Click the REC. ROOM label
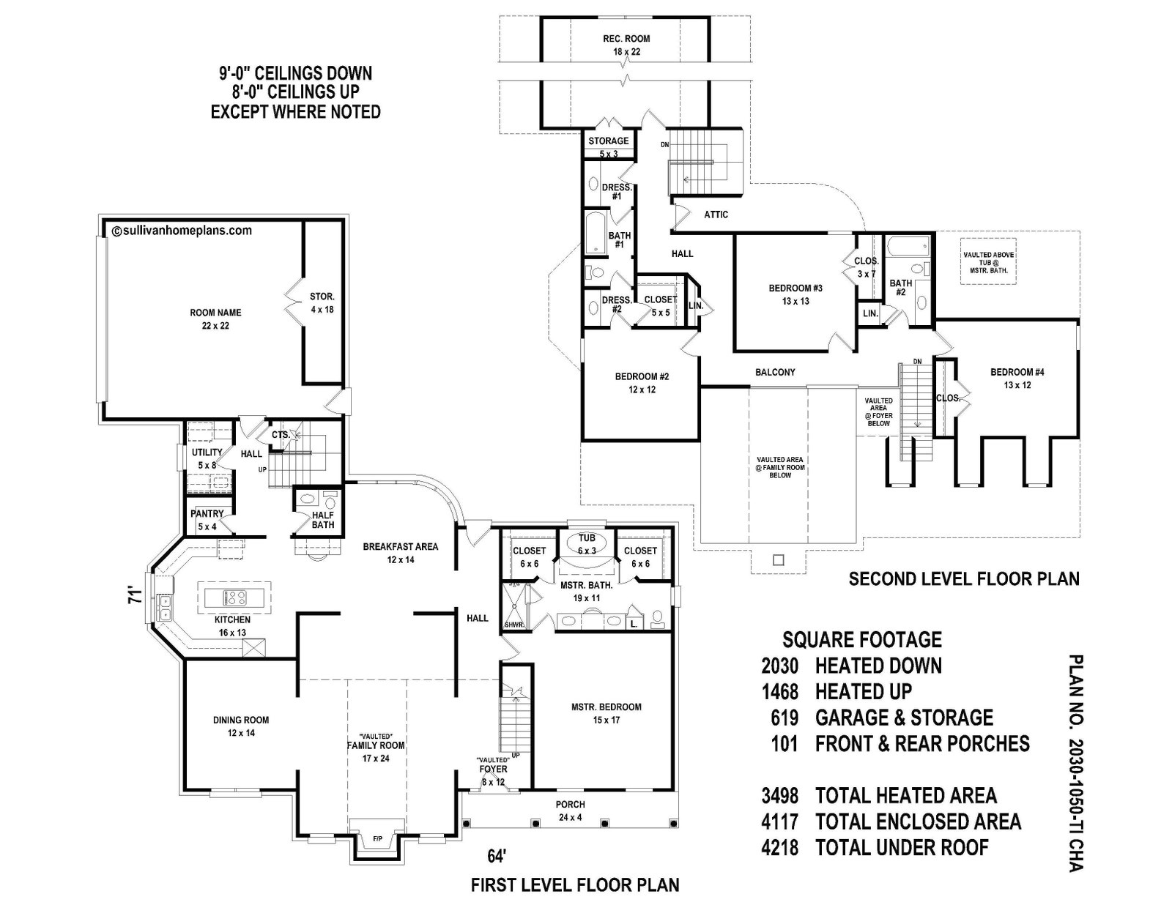tap(626, 39)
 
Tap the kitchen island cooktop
tap(234, 597)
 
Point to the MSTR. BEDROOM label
tap(607, 707)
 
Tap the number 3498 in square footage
tap(780, 795)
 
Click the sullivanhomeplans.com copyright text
tap(182, 231)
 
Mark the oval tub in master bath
tap(586, 545)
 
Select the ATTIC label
tap(716, 215)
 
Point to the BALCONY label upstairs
tap(775, 372)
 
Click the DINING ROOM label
tap(240, 720)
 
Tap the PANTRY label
tap(207, 514)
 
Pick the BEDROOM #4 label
tap(1017, 372)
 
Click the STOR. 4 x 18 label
tap(322, 303)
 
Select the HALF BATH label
tap(323, 520)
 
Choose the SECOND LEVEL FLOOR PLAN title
tap(965, 579)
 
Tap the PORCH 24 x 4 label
tap(570, 811)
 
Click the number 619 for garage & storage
tap(785, 718)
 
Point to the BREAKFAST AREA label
tap(400, 546)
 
